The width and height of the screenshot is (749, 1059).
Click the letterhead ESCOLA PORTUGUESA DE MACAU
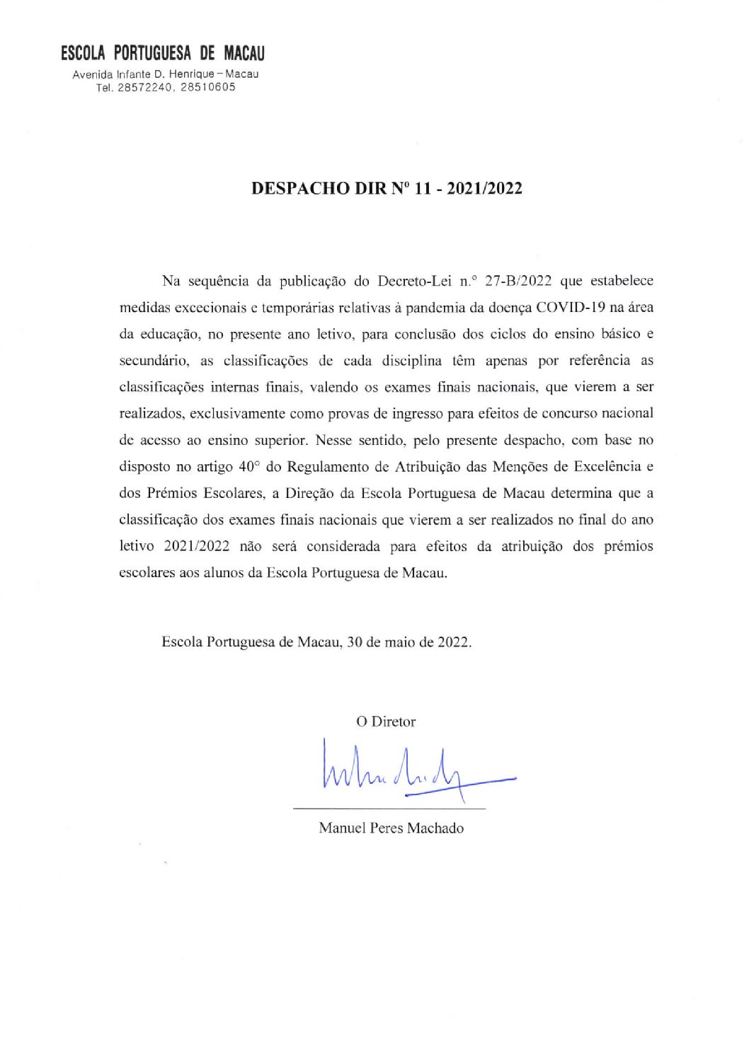163,54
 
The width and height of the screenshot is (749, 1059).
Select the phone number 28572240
145,88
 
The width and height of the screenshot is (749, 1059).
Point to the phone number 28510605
208,88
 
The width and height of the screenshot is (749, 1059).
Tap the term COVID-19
570,308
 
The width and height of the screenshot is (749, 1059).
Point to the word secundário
154,361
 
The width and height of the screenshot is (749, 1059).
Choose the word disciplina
411,361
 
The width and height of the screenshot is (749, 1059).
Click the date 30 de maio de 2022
409,642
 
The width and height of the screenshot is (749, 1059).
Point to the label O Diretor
386,722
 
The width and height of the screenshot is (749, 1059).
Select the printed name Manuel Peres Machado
391,828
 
